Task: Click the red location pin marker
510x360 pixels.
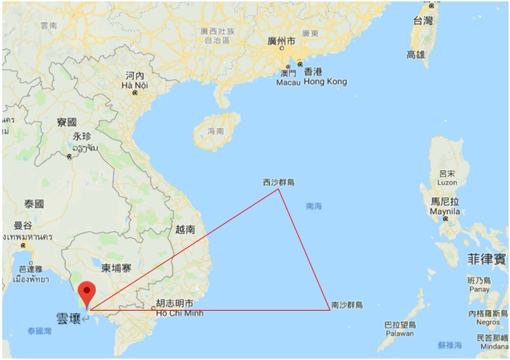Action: point(88,292)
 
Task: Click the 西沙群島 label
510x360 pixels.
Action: point(278,182)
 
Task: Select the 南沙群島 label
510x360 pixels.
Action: point(347,304)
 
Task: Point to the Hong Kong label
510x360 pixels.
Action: point(325,82)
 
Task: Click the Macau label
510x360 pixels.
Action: point(288,82)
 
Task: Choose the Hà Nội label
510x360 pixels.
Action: point(135,85)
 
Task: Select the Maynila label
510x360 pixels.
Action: point(445,211)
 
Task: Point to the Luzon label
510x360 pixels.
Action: point(447,181)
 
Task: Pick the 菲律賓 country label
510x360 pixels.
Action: point(486,259)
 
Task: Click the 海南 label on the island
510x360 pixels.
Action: point(216,131)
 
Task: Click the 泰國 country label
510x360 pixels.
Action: point(34,203)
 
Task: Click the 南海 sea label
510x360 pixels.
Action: point(314,206)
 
